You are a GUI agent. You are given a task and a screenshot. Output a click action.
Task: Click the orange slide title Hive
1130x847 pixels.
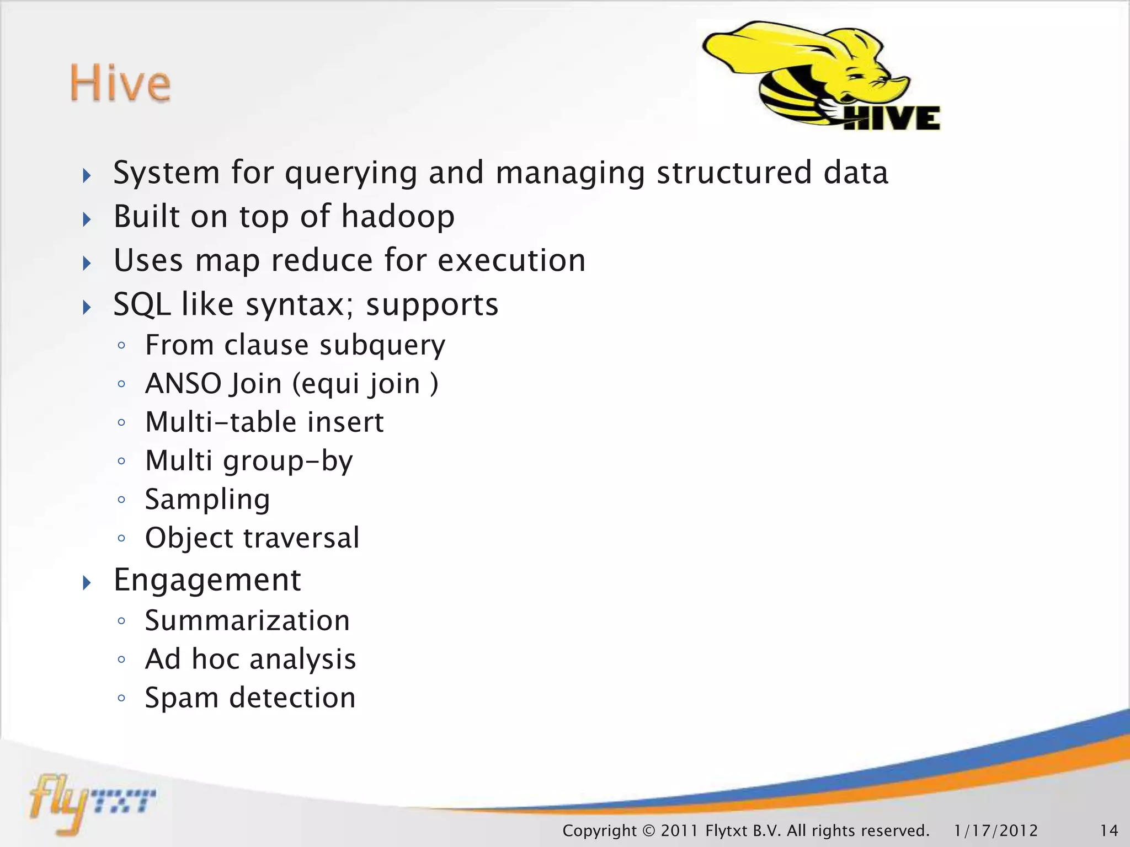tap(120, 83)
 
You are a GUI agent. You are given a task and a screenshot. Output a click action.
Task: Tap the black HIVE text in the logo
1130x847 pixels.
tap(892, 118)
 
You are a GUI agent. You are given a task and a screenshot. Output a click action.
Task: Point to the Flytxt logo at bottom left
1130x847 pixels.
tap(91, 802)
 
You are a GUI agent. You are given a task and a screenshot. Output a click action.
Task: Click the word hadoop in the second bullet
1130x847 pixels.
tap(398, 216)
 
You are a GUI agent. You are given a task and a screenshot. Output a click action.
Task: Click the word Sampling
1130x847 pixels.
tap(207, 500)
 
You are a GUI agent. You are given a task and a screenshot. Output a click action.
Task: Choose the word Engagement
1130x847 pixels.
tap(207, 580)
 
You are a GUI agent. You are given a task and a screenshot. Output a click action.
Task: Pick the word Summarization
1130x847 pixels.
tap(247, 621)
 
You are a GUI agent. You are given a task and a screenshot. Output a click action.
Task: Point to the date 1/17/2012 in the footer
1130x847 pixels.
tap(996, 830)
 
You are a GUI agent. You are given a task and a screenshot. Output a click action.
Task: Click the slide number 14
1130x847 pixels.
tap(1109, 830)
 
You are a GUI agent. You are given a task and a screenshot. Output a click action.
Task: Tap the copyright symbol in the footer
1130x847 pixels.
tap(648, 830)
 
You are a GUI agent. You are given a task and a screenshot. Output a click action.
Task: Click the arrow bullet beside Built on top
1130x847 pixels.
tap(87, 219)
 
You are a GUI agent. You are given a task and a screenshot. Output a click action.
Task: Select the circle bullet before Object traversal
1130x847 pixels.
tap(122, 538)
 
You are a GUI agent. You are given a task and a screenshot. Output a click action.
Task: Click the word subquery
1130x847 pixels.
tap(382, 346)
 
